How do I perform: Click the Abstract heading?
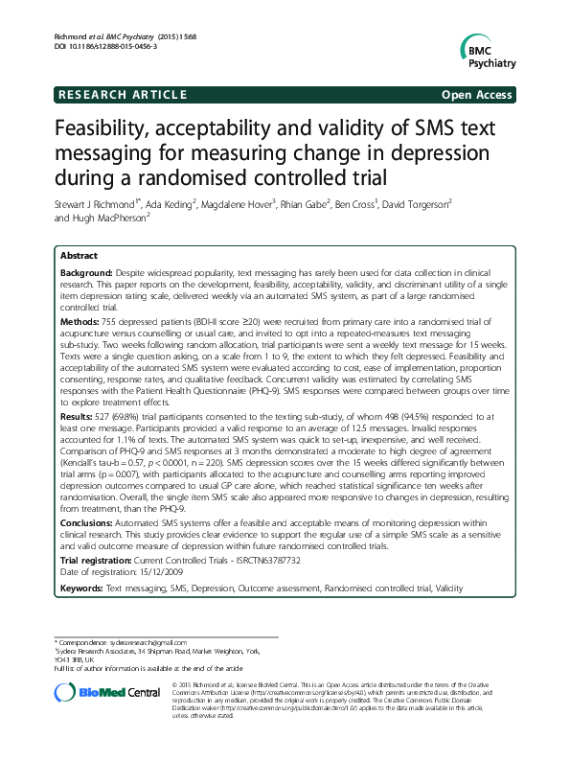pos(80,257)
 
